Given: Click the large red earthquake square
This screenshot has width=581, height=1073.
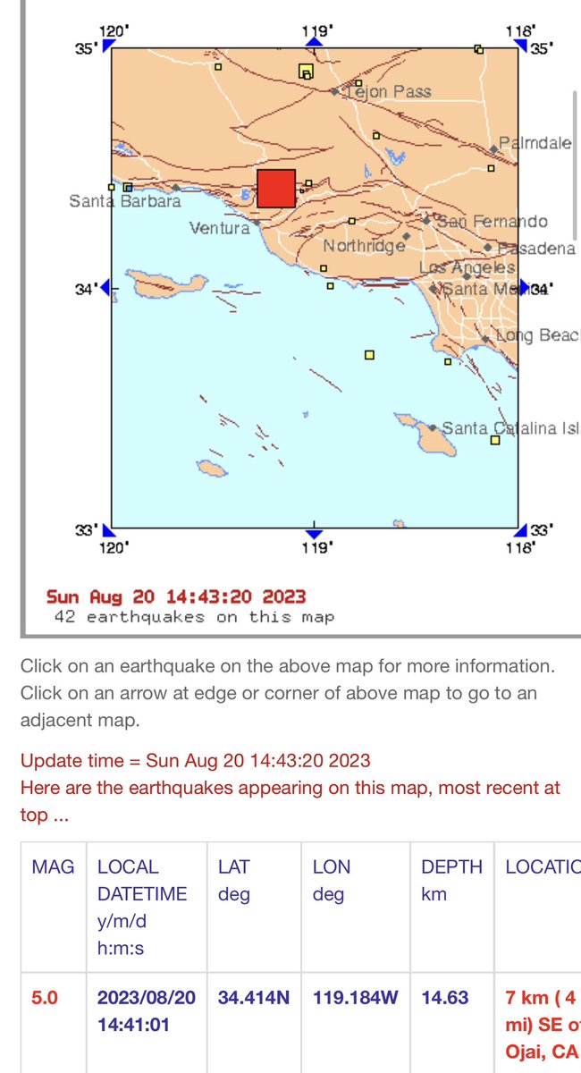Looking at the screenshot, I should click(x=276, y=189).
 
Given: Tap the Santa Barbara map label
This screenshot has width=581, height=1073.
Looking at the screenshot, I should click(x=125, y=201).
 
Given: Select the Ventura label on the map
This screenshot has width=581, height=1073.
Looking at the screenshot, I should click(x=220, y=228).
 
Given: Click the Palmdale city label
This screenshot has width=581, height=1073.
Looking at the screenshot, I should click(x=535, y=143).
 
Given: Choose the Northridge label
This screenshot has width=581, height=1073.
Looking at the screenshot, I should click(x=364, y=245).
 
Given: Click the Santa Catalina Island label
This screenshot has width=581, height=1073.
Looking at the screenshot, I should click(x=510, y=428).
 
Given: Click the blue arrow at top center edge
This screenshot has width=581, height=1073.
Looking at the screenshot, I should click(x=314, y=42).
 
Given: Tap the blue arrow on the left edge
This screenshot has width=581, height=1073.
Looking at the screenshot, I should click(x=105, y=287).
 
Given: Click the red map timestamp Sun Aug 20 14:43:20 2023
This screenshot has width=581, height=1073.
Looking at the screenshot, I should click(x=176, y=596).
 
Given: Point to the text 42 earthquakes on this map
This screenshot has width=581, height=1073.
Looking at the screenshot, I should click(x=194, y=617).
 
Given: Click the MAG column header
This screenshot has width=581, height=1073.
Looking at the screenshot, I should click(x=51, y=866).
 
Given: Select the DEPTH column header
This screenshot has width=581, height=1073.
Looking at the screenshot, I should click(x=451, y=866).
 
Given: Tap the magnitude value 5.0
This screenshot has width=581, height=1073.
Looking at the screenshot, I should click(x=45, y=997).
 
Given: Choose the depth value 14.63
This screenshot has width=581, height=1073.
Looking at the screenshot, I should click(x=444, y=997).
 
